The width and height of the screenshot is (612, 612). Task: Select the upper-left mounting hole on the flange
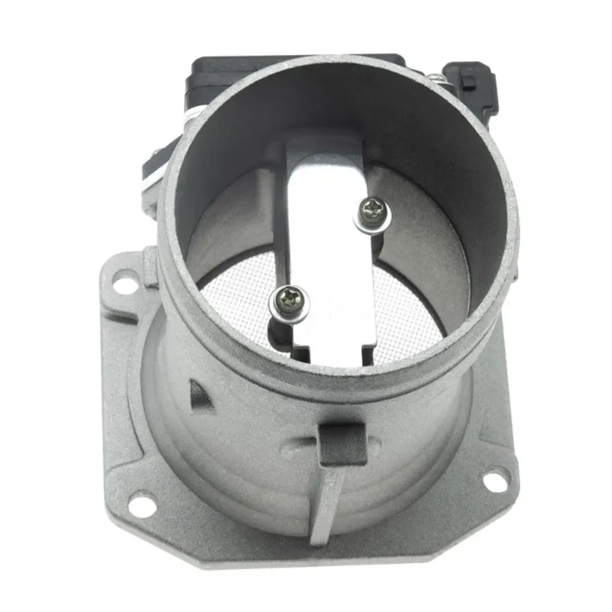click(124, 283)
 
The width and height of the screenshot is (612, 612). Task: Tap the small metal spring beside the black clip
click(435, 78)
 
